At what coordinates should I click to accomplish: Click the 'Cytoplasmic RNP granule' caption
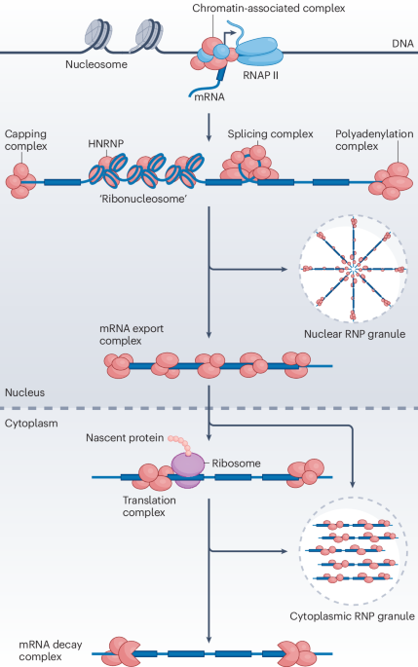click(x=353, y=616)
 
